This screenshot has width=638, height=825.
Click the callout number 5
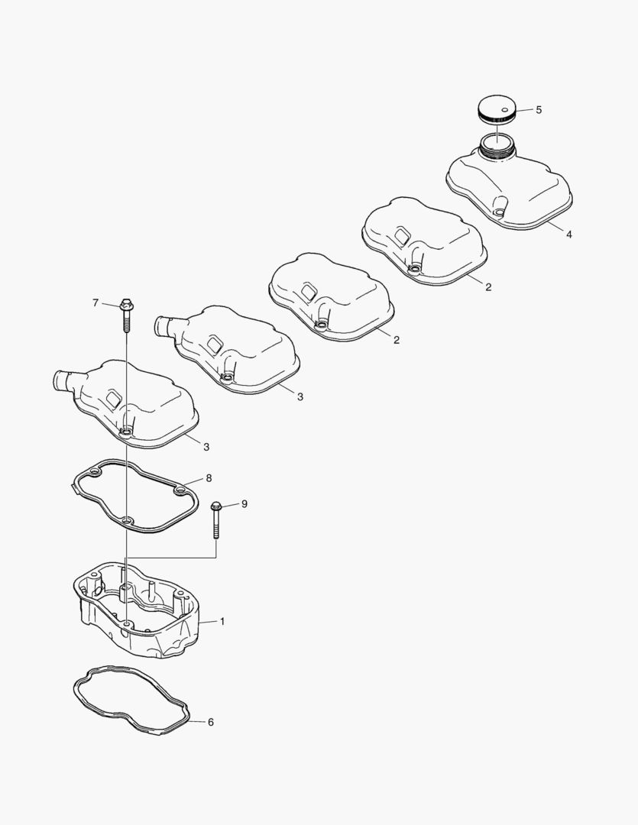(x=539, y=110)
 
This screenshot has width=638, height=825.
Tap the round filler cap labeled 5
(x=497, y=109)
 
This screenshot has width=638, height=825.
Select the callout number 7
(x=96, y=303)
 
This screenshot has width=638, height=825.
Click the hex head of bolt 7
(x=126, y=305)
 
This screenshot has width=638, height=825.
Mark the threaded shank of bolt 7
(x=126, y=322)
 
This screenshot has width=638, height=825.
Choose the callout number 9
(x=245, y=504)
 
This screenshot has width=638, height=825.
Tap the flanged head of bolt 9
(x=215, y=506)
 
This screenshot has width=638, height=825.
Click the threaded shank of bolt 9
(x=215, y=525)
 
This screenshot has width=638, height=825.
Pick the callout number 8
(x=209, y=478)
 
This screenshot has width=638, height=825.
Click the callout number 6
(x=211, y=723)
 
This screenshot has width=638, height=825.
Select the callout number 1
(x=222, y=621)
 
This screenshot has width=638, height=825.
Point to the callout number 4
(x=569, y=235)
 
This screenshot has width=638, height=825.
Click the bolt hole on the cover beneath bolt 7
(x=126, y=433)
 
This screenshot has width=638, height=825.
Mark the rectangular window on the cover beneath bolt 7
(x=113, y=398)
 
